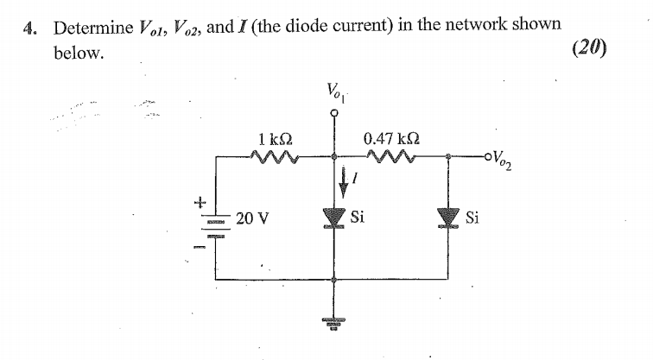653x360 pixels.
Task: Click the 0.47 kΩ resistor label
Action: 392,138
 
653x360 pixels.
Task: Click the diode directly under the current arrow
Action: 336,217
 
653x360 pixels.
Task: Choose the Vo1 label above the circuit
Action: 335,89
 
